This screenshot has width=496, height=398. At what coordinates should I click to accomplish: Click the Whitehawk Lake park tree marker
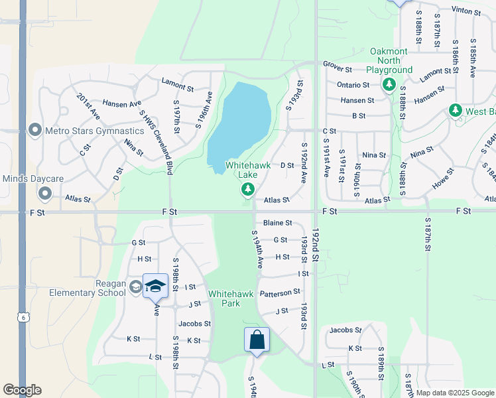point(247,191)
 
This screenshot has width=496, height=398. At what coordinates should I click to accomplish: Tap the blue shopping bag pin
point(257,340)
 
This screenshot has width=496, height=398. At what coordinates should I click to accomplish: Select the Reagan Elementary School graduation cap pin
point(155,286)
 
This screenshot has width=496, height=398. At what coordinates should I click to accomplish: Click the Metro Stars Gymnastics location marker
point(35,130)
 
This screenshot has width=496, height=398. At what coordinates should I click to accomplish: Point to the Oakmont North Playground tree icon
point(389,85)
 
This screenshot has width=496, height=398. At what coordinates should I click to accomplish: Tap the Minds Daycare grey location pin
point(45,193)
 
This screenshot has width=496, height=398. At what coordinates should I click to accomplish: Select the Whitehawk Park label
point(223,298)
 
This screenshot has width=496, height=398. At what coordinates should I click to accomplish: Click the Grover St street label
point(336,64)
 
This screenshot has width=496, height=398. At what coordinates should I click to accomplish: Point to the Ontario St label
point(353,85)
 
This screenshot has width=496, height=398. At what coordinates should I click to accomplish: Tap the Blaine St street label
point(277,223)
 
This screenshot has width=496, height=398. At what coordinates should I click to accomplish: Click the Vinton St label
point(465,10)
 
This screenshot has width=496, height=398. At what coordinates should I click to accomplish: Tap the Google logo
point(21,390)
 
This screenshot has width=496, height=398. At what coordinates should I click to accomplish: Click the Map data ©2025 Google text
point(454,393)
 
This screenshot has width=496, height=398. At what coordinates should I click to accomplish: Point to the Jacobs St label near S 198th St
point(194,324)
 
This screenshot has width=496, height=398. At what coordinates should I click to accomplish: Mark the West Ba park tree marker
point(455,110)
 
